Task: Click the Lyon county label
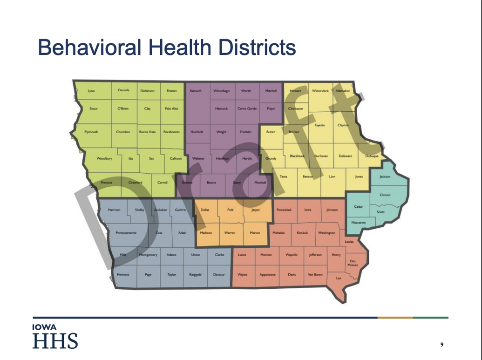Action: [91, 91]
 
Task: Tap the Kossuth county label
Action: [196, 91]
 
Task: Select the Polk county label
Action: [230, 210]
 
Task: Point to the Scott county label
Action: [380, 212]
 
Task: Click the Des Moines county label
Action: [353, 263]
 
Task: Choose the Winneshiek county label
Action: [320, 91]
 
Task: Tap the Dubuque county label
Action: [372, 156]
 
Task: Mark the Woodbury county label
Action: [104, 158]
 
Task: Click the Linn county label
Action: [332, 177]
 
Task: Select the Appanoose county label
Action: [268, 275]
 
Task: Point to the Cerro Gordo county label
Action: [247, 109]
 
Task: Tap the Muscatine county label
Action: [359, 223]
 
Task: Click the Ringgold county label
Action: [196, 275]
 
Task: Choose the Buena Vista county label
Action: [147, 132]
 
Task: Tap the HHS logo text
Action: [55, 341]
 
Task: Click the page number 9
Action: [442, 345]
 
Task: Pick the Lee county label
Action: [339, 278]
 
